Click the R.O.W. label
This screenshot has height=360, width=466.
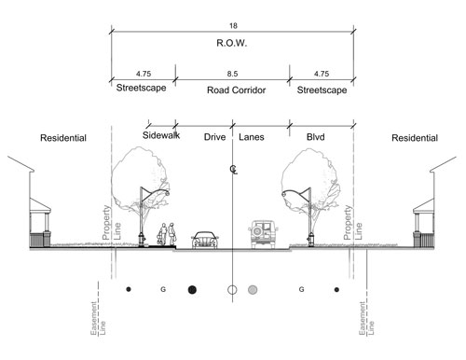[x=232, y=43]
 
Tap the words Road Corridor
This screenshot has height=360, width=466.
[x=232, y=91]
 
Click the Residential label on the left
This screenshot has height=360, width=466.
[x=63, y=138]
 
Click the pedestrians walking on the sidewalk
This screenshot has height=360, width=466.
[x=166, y=235]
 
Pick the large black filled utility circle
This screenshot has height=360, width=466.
[x=193, y=289]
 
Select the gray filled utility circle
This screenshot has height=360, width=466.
[x=253, y=289]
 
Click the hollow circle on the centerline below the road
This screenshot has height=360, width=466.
[x=232, y=289]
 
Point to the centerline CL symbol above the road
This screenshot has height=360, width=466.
[x=232, y=169]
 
